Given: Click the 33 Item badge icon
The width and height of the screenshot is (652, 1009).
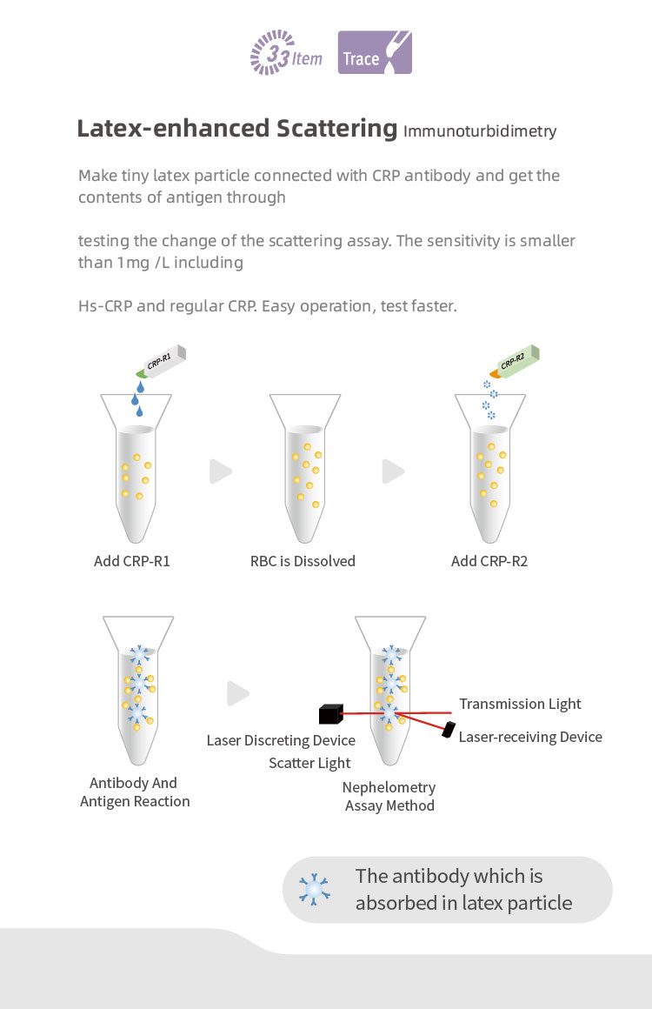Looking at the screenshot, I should pos(286,53).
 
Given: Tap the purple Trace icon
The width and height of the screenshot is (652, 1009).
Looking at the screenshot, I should pos(375,53).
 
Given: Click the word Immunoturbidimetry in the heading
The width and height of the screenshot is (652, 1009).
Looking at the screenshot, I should pos(480,132).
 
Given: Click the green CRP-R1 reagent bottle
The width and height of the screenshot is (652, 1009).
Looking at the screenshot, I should pos(163,362).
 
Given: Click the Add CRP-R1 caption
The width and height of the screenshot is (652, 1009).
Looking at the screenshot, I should pos(132,561).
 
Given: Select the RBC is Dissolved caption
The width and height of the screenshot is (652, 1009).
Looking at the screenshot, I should pos(303,561).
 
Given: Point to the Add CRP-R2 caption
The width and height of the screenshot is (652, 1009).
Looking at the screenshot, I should pos(489,561).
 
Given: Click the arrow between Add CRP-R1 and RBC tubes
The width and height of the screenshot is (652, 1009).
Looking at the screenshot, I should pos(221,472).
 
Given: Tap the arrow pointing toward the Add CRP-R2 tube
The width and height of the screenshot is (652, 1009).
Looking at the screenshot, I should pos(394,472).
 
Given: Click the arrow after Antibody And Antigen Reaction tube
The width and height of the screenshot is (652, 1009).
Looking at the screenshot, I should pos(238,693).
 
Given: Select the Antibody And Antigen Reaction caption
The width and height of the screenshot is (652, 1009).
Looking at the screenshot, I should pos(134,792).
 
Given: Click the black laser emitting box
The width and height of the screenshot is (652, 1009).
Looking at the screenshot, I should pos(330,715).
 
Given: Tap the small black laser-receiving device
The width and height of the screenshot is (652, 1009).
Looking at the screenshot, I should pos(450,729).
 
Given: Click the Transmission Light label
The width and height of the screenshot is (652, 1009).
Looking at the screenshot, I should pos(520,704).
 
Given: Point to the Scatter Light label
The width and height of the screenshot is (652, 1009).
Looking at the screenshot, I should pos(309,763).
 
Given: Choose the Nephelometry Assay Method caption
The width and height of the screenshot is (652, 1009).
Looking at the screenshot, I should pos(389,797).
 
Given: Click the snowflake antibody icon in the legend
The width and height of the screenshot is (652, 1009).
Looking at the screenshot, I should pos(314,889).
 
